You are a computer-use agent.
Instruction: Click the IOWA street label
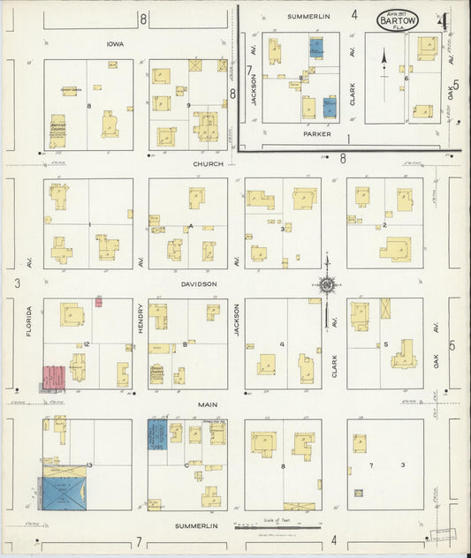coord(113,42)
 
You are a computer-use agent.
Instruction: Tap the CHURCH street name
coord(204,164)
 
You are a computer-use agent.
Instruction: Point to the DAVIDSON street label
coord(201,284)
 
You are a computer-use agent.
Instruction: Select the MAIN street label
coord(207,404)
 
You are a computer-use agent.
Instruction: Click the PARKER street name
coord(316,135)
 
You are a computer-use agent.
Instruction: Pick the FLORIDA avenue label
coord(28,322)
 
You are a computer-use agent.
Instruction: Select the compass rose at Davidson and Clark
coord(327,284)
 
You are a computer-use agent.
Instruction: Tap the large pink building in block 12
coord(53,377)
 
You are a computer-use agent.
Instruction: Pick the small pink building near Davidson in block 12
coord(98,302)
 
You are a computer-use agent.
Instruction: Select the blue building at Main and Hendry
coord(157,434)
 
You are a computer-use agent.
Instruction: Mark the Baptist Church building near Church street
coord(57,131)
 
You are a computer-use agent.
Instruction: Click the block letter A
coord(190,226)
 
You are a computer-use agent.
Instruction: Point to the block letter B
coord(185,344)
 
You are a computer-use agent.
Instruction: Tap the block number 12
coord(87,344)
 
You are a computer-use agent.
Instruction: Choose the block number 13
coord(89,464)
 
